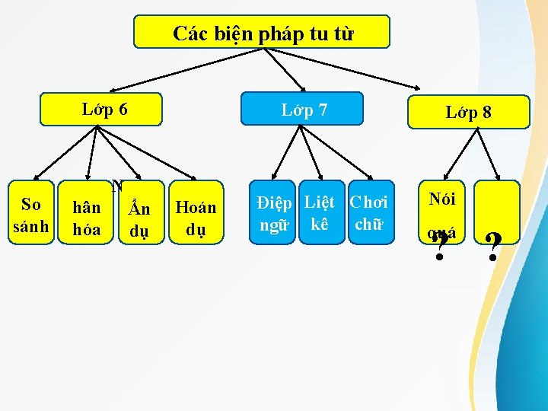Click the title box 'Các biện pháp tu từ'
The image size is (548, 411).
pyautogui.click(x=261, y=32)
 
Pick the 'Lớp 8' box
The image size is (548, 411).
pyautogui.click(x=468, y=112)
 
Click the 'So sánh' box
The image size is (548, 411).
pyautogui.click(x=31, y=214)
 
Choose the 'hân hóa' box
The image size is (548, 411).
pyautogui.click(x=86, y=217)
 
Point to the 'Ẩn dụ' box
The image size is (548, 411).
pyautogui.click(x=140, y=217)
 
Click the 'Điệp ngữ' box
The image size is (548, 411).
pyautogui.click(x=274, y=212)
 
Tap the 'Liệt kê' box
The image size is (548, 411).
pyautogui.click(x=318, y=212)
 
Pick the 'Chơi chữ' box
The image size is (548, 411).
pyautogui.click(x=368, y=212)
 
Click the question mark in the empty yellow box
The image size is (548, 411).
pyautogui.click(x=494, y=245)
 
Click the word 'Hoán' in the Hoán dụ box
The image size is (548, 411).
pyautogui.click(x=196, y=207)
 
